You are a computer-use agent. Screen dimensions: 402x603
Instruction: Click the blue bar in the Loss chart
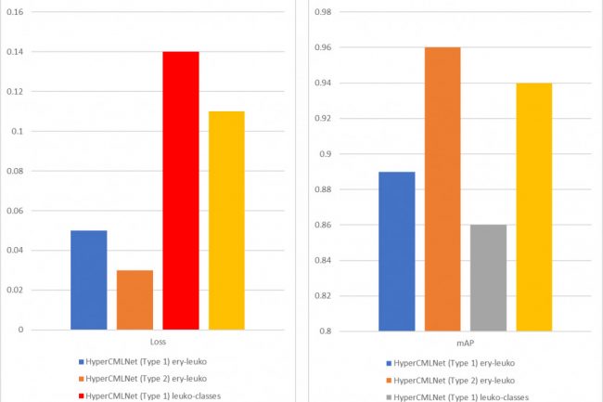click(88, 279)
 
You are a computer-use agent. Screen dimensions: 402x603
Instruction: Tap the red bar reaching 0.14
click(181, 190)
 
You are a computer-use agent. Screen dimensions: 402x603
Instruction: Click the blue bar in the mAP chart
click(396, 251)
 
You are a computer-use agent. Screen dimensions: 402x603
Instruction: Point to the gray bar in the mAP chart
click(488, 278)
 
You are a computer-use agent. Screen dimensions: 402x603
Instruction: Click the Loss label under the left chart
click(158, 342)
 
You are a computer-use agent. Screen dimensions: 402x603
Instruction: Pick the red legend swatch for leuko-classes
click(83, 396)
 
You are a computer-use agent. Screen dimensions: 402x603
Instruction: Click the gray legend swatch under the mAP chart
click(389, 396)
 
